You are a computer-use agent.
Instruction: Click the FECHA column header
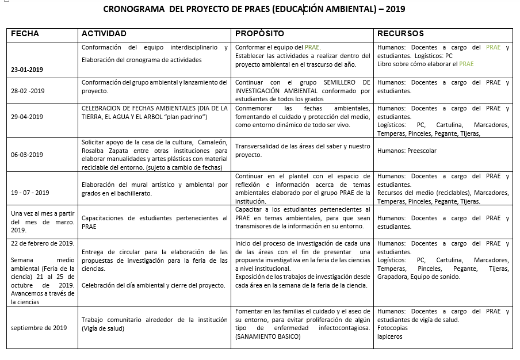(25, 34)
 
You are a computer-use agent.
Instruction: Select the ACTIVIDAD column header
(104, 34)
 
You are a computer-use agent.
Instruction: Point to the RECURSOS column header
(401, 34)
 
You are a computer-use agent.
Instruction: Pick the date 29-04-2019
(28, 117)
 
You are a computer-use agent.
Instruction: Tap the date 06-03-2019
(28, 155)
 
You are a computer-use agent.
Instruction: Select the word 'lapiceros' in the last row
(390, 336)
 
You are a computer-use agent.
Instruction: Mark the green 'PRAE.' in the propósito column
(312, 48)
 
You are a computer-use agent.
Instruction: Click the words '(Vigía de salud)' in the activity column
(103, 328)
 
